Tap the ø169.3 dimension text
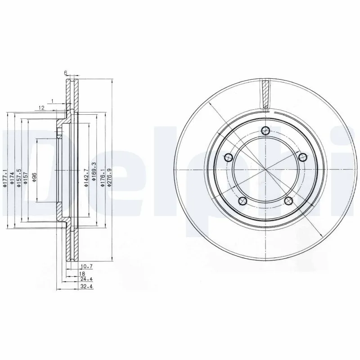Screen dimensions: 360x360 coord(94,171)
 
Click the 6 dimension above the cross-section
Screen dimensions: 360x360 coord(66,73)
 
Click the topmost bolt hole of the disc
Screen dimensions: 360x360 coord(265,130)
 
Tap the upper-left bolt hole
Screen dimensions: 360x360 coord(228,157)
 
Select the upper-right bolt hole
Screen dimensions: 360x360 coord(302,157)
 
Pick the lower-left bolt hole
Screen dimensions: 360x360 coord(243,201)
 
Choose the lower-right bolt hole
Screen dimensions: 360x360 coord(288,201)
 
